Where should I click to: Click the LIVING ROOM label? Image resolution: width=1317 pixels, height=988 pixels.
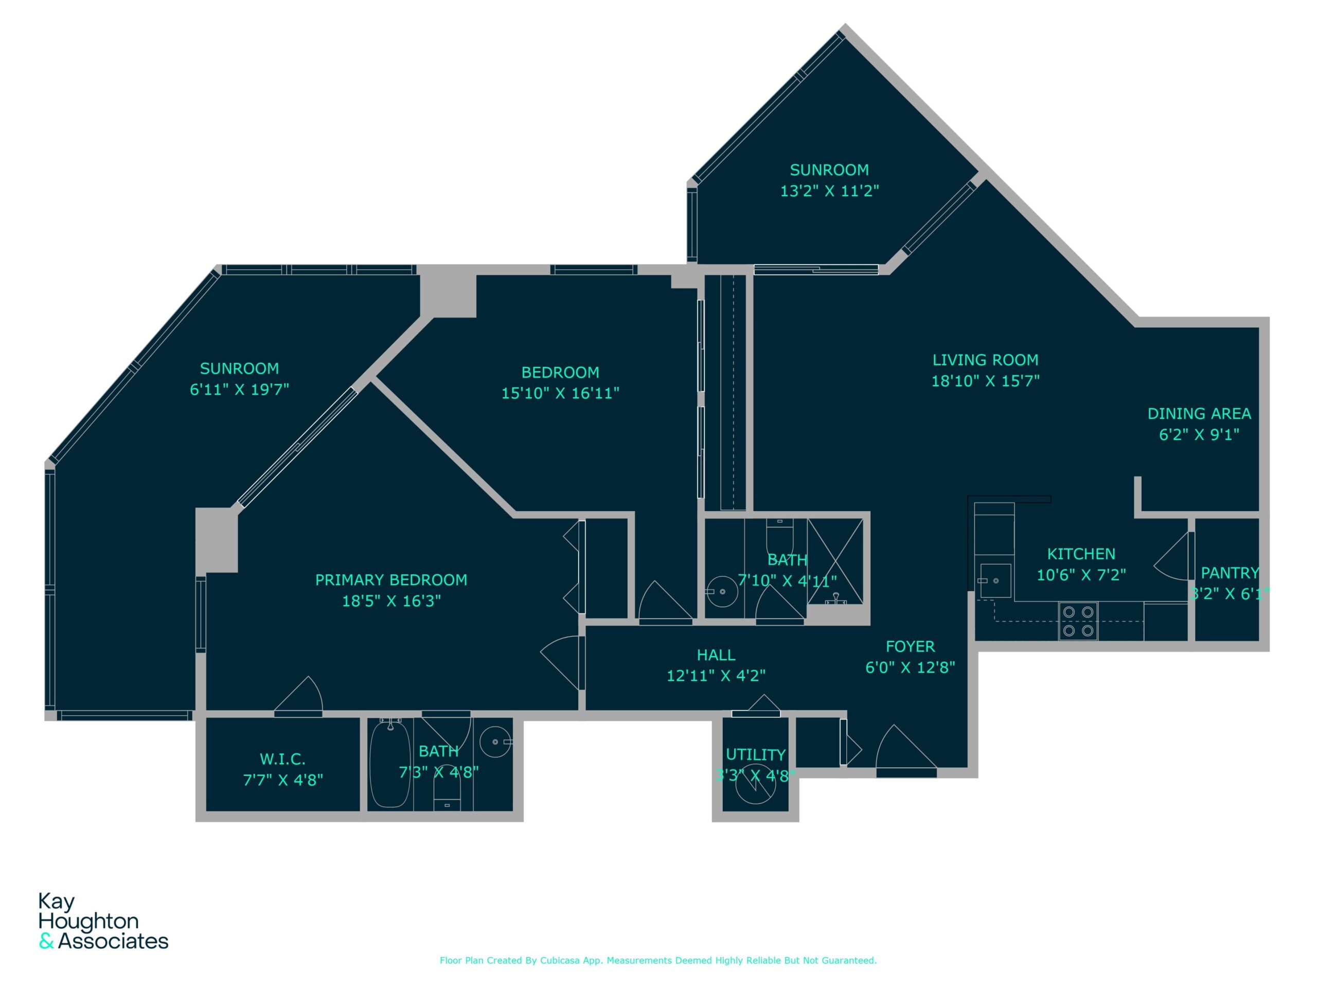pyautogui.click(x=985, y=360)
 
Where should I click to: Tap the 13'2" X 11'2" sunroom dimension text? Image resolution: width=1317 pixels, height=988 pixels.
pyautogui.click(x=829, y=190)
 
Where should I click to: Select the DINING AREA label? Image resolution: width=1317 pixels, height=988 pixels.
pyautogui.click(x=1199, y=413)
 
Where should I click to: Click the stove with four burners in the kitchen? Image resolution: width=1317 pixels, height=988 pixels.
pyautogui.click(x=1078, y=621)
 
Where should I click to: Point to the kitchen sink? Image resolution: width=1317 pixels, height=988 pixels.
pyautogui.click(x=995, y=580)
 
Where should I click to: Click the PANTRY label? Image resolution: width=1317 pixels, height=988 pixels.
pyautogui.click(x=1230, y=573)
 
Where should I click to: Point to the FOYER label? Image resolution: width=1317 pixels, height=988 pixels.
pyautogui.click(x=911, y=647)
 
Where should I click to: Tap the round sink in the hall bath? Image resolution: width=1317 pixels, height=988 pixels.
pyautogui.click(x=722, y=591)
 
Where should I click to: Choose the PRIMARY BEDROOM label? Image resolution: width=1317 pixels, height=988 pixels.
pyautogui.click(x=391, y=580)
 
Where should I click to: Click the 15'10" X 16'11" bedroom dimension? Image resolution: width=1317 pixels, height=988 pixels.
pyautogui.click(x=560, y=393)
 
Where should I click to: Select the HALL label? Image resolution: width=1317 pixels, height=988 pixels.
pyautogui.click(x=716, y=655)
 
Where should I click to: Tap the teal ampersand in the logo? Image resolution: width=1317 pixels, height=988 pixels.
pyautogui.click(x=46, y=942)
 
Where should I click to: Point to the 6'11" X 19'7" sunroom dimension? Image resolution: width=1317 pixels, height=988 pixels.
pyautogui.click(x=239, y=390)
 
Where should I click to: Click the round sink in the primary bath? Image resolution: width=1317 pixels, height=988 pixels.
pyautogui.click(x=495, y=742)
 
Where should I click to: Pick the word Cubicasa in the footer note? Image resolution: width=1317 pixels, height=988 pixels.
pyautogui.click(x=560, y=960)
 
